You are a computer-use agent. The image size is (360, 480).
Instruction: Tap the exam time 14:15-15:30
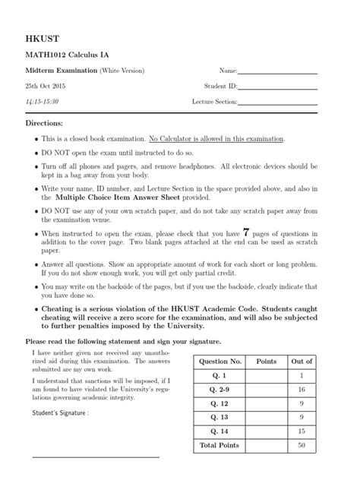click(x=42, y=101)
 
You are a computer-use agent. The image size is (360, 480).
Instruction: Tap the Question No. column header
click(x=220, y=362)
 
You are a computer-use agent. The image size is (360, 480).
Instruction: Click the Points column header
click(x=267, y=362)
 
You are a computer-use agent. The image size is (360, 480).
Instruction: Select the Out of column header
click(x=302, y=362)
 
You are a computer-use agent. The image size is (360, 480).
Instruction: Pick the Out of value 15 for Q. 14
click(x=302, y=431)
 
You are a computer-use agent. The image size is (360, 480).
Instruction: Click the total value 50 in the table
click(x=302, y=445)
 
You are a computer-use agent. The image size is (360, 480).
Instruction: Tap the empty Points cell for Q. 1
click(x=267, y=375)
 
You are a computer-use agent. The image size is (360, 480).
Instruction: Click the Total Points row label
click(x=220, y=445)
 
